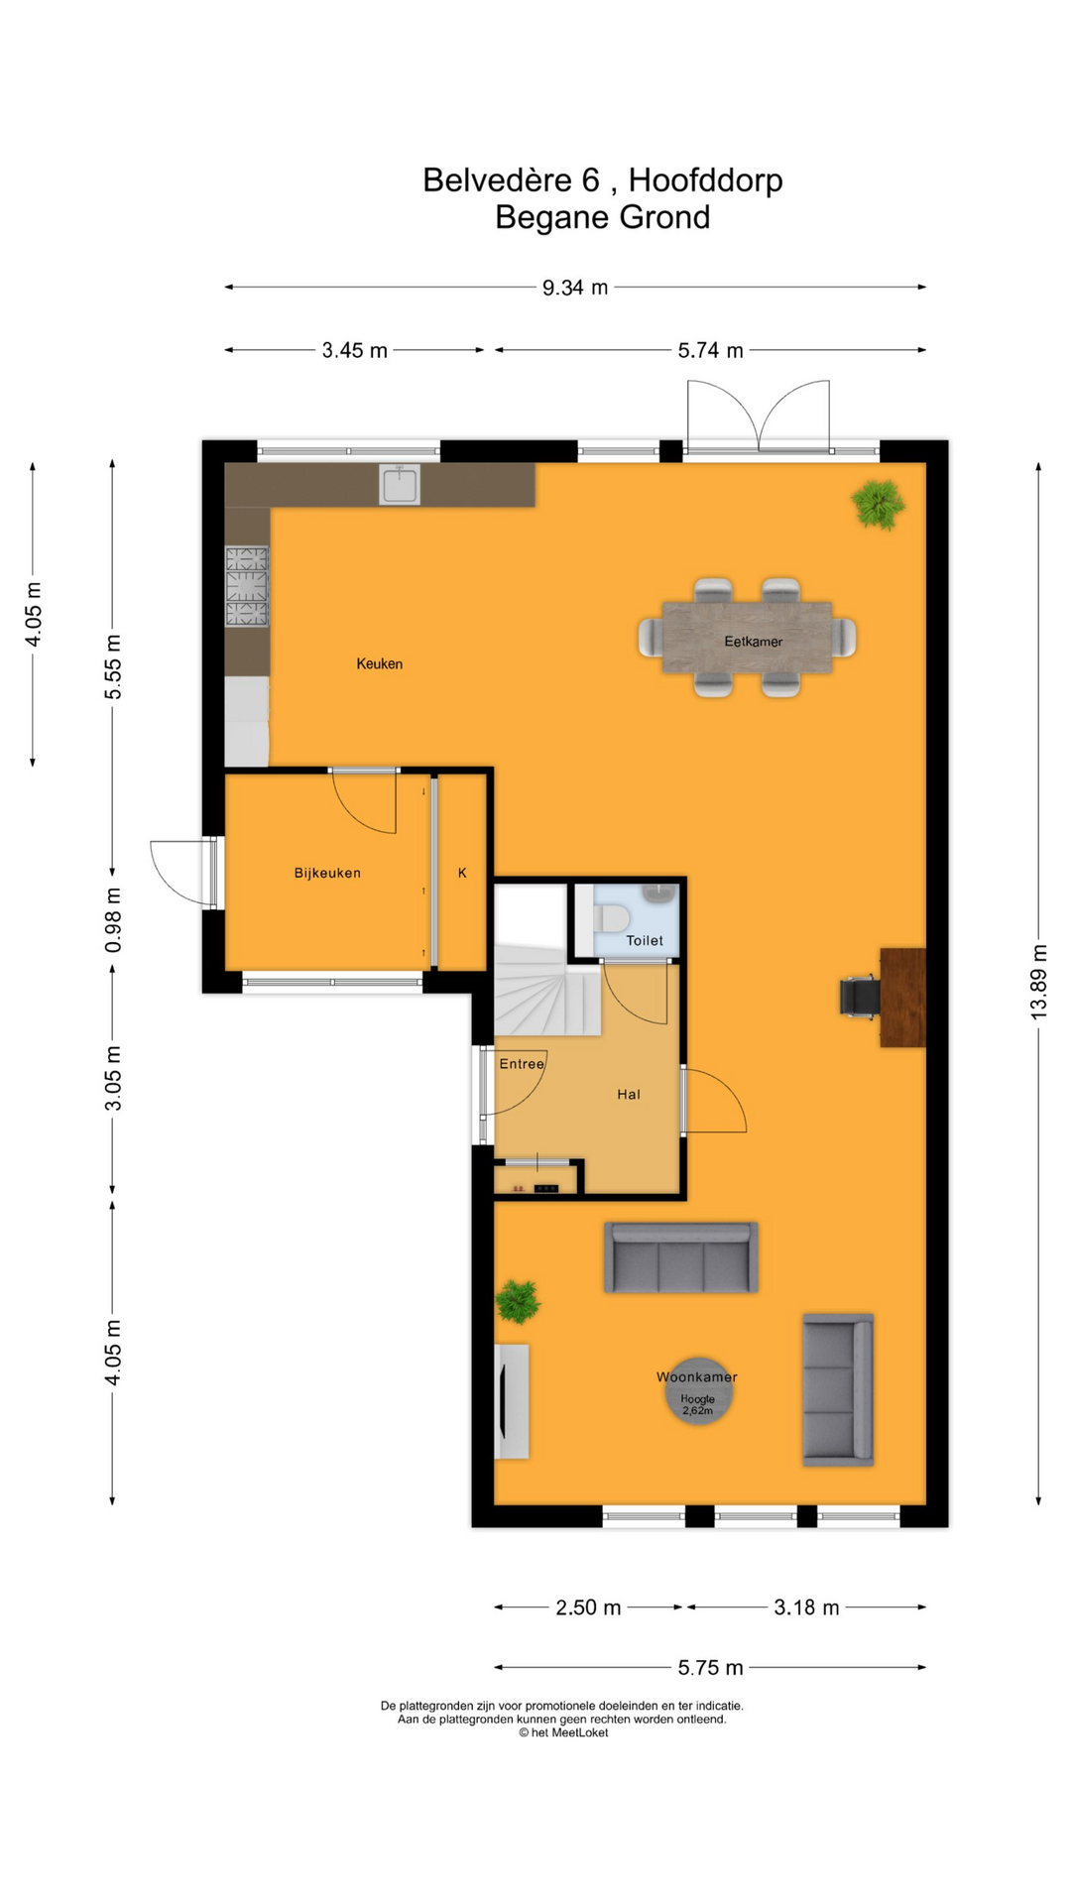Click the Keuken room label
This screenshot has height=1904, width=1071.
(x=379, y=663)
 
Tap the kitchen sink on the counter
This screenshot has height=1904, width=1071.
(x=399, y=485)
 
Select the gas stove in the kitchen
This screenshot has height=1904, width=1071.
(x=247, y=586)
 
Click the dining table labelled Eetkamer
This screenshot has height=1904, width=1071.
(x=747, y=638)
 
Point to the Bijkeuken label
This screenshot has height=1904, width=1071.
(x=327, y=873)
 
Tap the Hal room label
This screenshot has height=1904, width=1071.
(x=629, y=1094)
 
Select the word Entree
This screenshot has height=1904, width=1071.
(x=522, y=1064)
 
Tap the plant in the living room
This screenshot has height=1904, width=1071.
(x=518, y=1301)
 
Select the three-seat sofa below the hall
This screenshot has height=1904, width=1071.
(x=680, y=1257)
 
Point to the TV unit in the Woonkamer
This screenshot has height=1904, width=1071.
(x=512, y=1401)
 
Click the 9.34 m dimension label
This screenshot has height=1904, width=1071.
(x=575, y=288)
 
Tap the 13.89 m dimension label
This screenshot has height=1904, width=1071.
(x=1038, y=981)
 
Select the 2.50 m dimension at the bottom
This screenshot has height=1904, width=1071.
(x=588, y=1607)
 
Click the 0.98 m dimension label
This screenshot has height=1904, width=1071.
(x=113, y=920)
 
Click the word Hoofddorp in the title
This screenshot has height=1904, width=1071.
(x=705, y=180)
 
